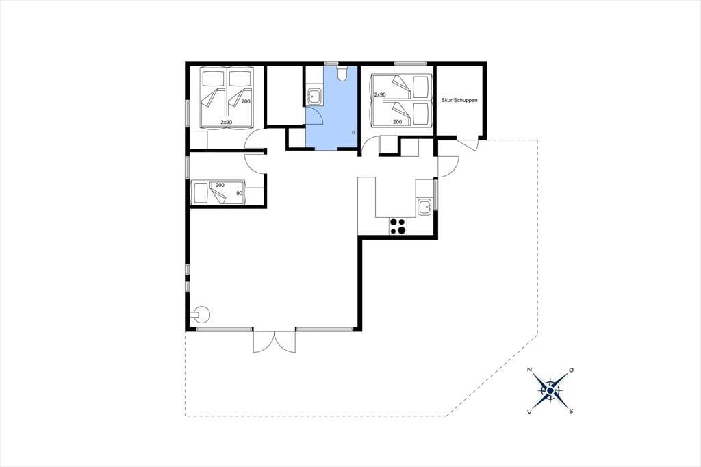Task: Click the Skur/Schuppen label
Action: pyautogui.click(x=459, y=100)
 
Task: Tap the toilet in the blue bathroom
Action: pyautogui.click(x=342, y=73)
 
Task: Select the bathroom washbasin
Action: pyautogui.click(x=315, y=96)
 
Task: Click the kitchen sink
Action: pyautogui.click(x=424, y=207)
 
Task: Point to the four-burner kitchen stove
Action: pyautogui.click(x=398, y=226)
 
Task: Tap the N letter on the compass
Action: pyautogui.click(x=530, y=370)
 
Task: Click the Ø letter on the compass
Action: pyautogui.click(x=571, y=370)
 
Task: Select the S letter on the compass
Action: pyautogui.click(x=571, y=411)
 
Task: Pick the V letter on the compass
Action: pyautogui.click(x=530, y=412)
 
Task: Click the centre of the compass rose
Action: pyautogui.click(x=550, y=390)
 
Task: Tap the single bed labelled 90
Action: pyautogui.click(x=218, y=193)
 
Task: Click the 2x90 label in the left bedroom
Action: pyautogui.click(x=226, y=122)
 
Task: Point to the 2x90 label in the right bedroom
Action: pyautogui.click(x=380, y=94)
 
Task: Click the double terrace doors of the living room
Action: pyautogui.click(x=275, y=342)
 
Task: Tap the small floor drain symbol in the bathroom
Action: pyautogui.click(x=353, y=132)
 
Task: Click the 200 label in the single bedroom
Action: pyautogui.click(x=220, y=185)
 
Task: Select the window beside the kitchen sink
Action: pyautogui.click(x=435, y=194)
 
